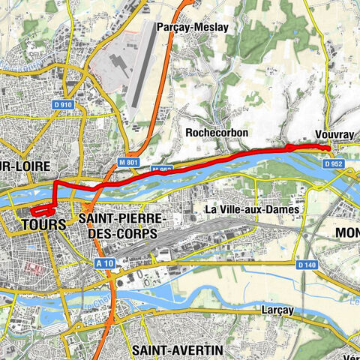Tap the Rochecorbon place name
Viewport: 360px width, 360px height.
216,132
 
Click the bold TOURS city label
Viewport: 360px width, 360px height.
44,224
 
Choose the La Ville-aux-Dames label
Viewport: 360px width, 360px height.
252,209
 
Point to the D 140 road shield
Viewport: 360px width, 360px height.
306,265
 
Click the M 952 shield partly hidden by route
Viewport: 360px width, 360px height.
163,170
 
